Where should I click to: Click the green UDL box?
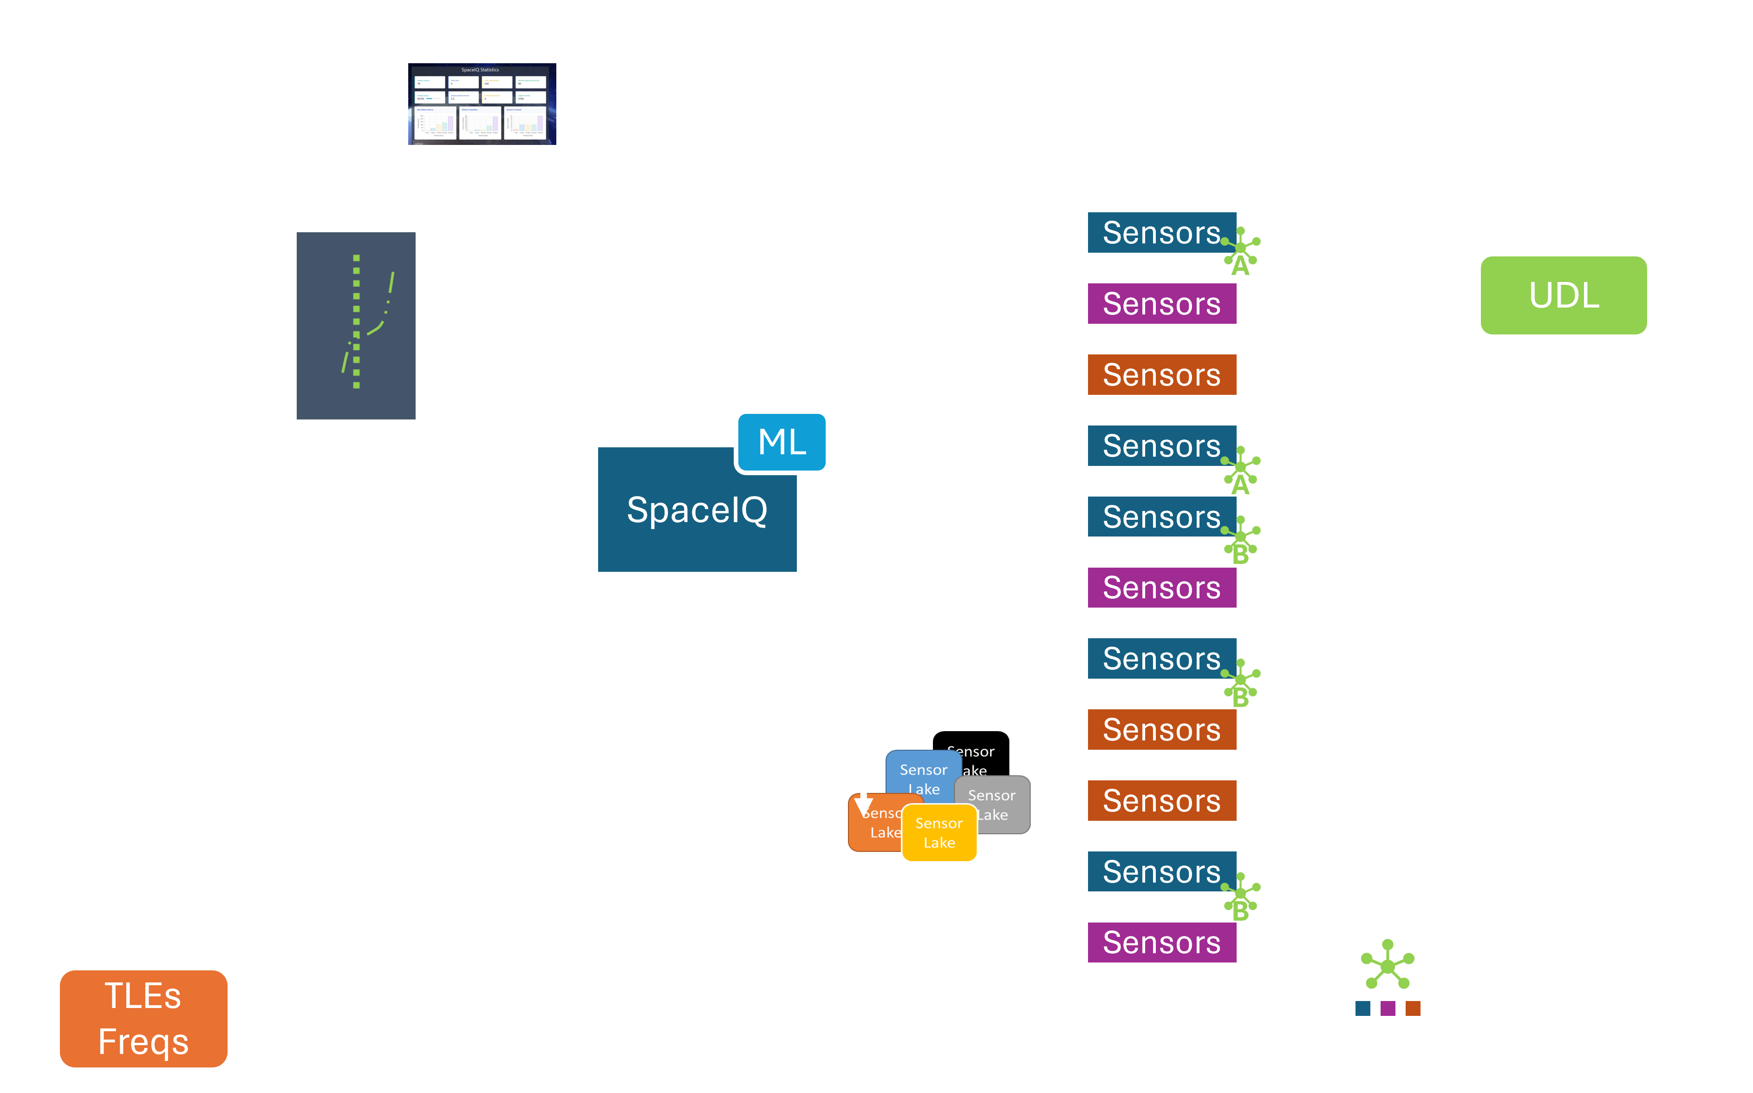click(1563, 295)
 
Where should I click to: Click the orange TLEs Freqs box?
click(143, 1019)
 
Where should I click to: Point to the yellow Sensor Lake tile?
click(938, 833)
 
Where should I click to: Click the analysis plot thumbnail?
click(356, 325)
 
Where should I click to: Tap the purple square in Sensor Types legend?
click(1388, 1008)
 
